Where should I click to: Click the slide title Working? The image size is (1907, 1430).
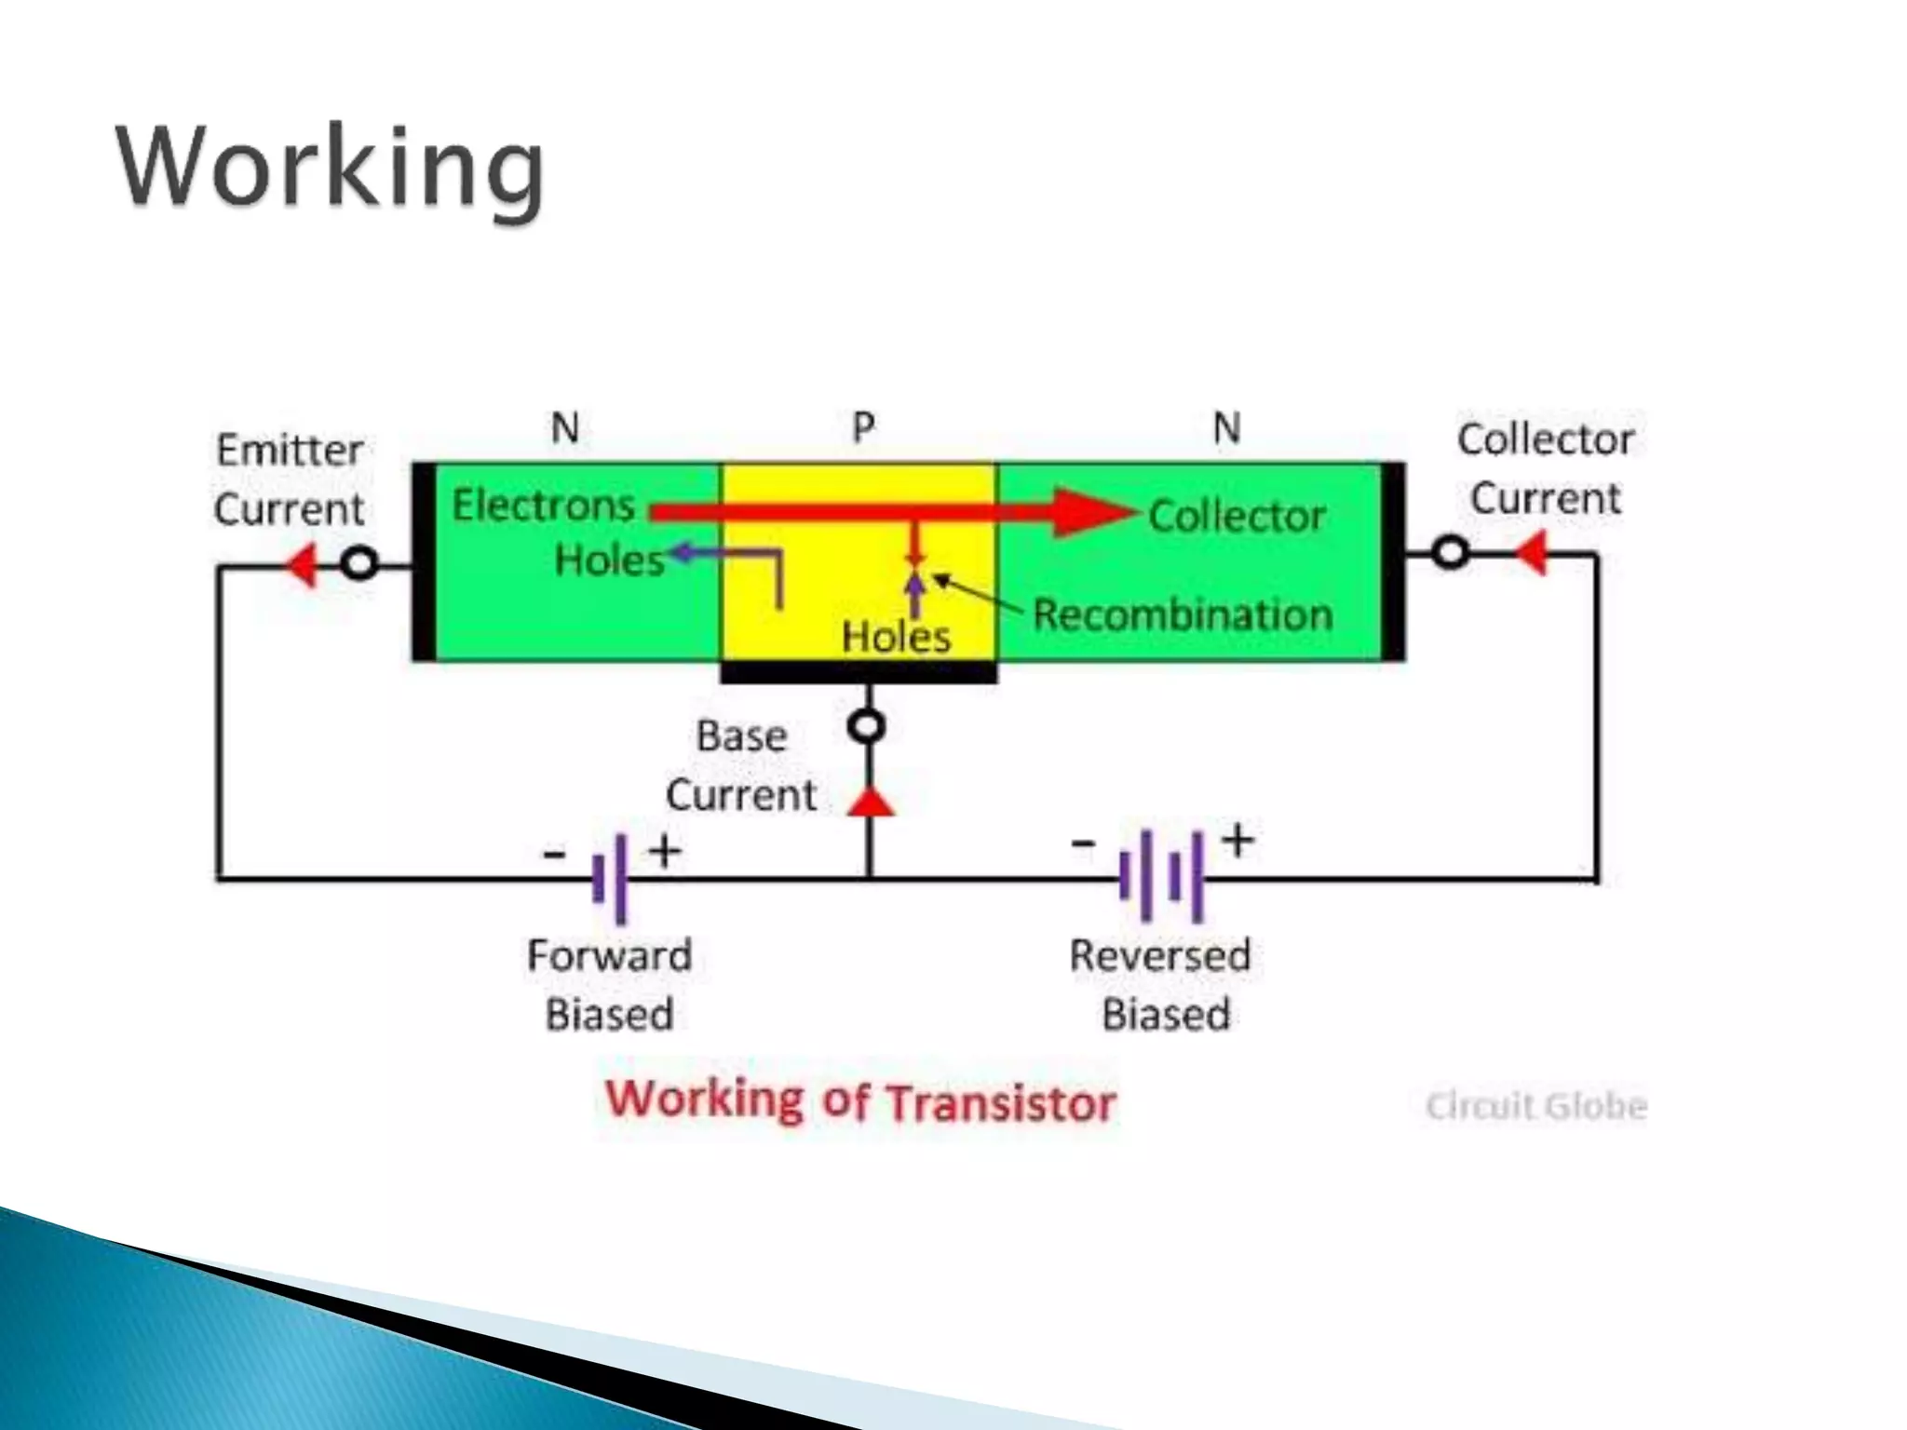click(330, 168)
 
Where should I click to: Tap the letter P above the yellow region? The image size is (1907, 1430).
click(863, 427)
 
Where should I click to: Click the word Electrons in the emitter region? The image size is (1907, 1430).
click(543, 506)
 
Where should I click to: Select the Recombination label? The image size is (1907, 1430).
click(1183, 615)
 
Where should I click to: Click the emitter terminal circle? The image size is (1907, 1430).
click(359, 563)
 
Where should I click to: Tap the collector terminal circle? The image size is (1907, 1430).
click(1450, 553)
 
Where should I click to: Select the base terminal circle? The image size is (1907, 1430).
click(868, 726)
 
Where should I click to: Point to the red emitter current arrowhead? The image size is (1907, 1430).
click(302, 564)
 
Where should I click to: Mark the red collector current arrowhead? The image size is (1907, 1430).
click(1532, 553)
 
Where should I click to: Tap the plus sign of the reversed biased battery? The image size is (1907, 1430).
click(1238, 840)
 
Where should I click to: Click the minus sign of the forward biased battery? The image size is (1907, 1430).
click(554, 853)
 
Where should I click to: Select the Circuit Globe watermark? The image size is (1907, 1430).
click(1535, 1106)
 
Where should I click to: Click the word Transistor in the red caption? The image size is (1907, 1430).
click(1000, 1103)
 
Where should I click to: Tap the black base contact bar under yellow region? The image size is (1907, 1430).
click(859, 672)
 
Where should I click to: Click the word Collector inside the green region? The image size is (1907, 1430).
click(1237, 516)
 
